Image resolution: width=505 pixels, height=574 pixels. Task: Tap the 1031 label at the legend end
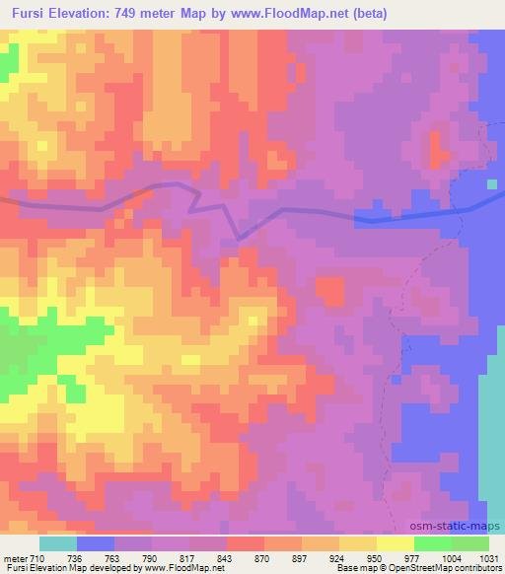coord(488,558)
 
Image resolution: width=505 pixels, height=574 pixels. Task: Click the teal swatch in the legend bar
coord(58,543)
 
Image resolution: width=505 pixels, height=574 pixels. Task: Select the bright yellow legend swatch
coord(395,543)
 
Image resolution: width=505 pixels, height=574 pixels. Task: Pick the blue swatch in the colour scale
coord(96,543)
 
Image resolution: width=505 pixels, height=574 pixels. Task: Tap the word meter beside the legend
coord(15,558)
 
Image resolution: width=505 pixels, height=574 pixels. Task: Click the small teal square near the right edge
coord(492,184)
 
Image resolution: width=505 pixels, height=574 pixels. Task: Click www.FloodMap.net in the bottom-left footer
coord(193,569)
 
